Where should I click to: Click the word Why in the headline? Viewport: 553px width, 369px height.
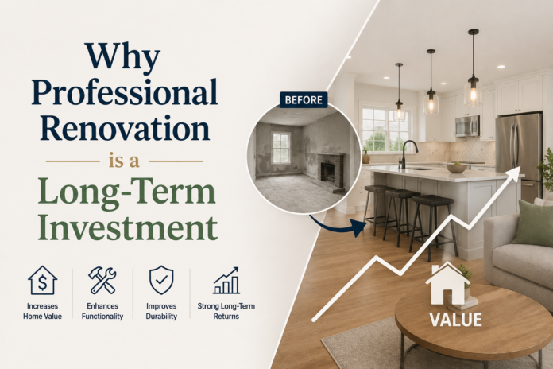coord(122,56)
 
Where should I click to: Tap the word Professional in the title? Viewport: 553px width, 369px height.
coord(125,92)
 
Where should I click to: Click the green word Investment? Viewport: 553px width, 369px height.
coord(127,227)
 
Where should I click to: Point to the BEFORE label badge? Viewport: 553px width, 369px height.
coord(304,100)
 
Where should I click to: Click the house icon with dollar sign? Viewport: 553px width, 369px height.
coord(42,281)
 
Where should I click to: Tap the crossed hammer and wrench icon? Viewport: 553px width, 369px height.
coord(102,281)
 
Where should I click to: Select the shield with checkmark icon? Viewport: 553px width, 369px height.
coord(161,280)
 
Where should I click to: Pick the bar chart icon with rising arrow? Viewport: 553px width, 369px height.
coord(226,281)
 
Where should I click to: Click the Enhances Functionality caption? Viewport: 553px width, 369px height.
coord(102,311)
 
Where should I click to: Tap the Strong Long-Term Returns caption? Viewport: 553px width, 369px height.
coord(226,311)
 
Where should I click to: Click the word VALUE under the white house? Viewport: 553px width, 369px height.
coord(455,320)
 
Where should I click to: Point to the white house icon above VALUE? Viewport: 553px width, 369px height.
coord(447,284)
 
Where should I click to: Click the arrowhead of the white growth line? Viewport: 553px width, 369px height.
coord(515,172)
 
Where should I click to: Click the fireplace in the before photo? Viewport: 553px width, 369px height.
coord(331,170)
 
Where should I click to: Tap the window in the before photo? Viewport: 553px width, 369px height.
coord(281,148)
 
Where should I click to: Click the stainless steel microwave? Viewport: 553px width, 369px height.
coord(467,126)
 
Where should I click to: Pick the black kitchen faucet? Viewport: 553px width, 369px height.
coord(408,154)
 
